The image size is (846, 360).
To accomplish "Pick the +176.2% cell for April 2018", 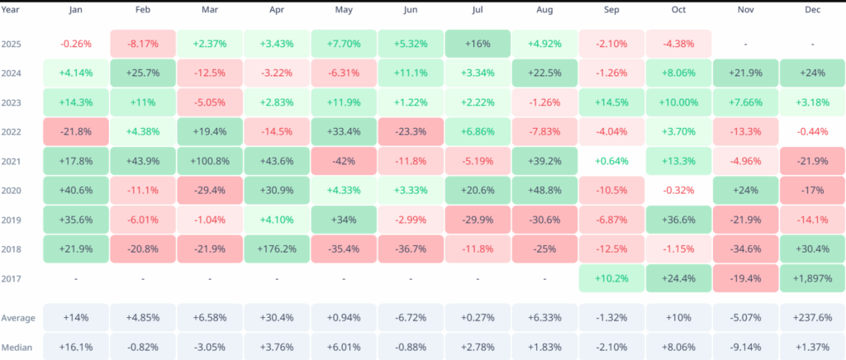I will coord(278,249).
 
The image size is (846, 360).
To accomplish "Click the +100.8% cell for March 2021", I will coord(211,161).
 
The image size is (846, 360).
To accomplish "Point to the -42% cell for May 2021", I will coord(345,161).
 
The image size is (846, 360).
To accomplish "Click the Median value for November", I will coord(745,347).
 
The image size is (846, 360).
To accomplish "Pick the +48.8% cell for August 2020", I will coord(544,191).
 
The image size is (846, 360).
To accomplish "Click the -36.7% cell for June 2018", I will coord(411,249).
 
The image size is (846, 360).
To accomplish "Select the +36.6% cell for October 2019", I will coord(678,220).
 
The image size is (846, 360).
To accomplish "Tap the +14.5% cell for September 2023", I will coord(611,102).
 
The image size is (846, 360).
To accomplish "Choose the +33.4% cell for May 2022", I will coord(345,132).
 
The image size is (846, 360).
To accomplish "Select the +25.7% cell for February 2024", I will coord(144,73).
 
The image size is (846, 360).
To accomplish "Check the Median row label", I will coord(17,347).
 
